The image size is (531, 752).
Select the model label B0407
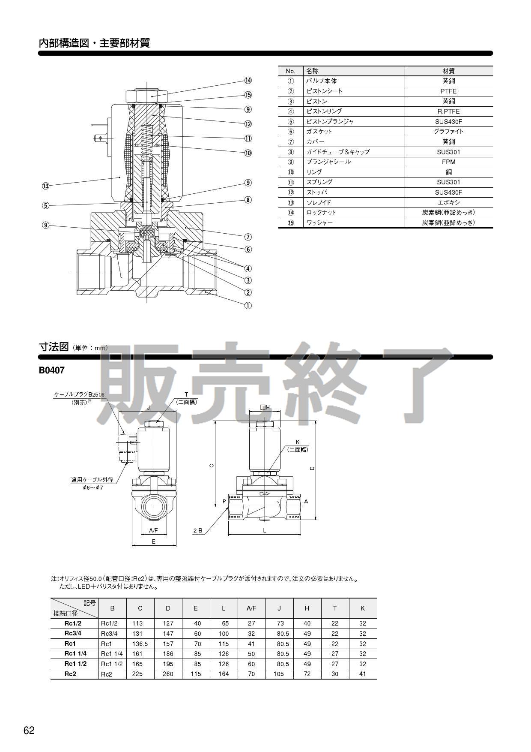coord(51,370)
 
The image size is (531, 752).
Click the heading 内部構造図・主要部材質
coord(94,43)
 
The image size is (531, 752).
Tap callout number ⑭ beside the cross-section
coord(248,81)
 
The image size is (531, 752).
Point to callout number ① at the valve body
coord(248,306)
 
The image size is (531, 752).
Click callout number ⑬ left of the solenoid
coord(46,186)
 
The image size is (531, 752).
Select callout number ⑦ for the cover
coord(248,237)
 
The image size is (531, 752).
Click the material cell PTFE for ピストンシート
coord(448,91)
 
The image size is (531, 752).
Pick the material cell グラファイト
coord(448,132)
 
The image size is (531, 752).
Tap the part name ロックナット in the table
coord(321,213)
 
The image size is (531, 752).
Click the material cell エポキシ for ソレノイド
coord(448,202)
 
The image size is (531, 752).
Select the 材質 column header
coord(448,71)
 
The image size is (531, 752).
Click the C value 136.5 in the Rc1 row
coord(140,644)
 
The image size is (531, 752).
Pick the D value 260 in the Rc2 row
coord(168,674)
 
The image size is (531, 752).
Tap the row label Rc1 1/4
coord(75,654)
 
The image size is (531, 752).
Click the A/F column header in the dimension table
coord(251,608)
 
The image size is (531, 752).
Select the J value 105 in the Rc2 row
coord(279,674)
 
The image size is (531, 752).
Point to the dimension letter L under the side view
coord(265,531)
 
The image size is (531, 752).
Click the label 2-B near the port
coord(197,531)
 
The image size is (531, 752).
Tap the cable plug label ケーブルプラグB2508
coord(79,394)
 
